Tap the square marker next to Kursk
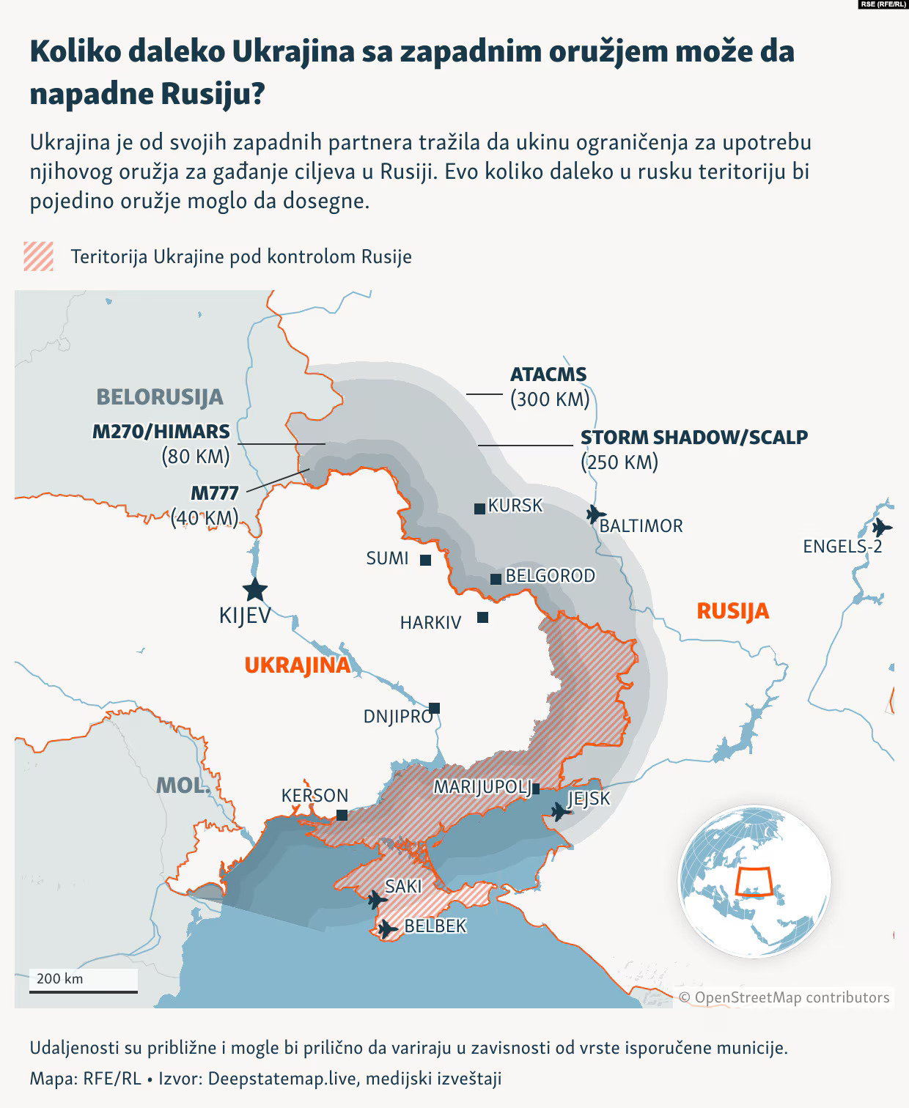479,509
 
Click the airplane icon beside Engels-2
882,527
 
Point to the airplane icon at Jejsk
561,811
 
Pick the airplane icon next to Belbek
388,928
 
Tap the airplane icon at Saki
377,899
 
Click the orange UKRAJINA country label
297,665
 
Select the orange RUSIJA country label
732,611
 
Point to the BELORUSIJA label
160,397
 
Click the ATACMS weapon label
548,374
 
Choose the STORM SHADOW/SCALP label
693,437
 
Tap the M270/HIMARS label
161,432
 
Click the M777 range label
215,492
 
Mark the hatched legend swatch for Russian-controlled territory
39,256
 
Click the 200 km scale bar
83,991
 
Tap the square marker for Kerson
342,815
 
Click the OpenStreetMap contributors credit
784,997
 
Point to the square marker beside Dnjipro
435,708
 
